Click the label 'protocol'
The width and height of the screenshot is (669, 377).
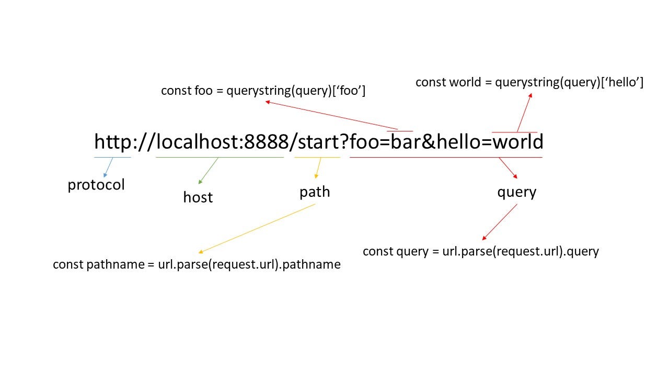[x=96, y=185]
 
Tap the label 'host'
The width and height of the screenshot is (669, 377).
[x=198, y=197]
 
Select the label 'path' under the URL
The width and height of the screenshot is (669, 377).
[x=315, y=192]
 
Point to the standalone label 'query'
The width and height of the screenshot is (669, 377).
[x=516, y=192]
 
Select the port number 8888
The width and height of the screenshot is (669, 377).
[x=267, y=142]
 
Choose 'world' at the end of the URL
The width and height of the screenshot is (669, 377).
[x=518, y=142]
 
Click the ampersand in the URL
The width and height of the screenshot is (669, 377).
[x=429, y=142]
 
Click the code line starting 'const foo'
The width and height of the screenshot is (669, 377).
[x=263, y=91]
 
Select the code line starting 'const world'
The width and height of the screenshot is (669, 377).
[x=529, y=82]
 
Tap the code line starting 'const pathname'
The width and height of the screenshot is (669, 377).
[x=197, y=264]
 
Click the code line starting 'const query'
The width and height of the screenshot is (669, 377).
[x=480, y=251]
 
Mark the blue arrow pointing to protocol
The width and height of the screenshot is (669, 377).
[x=109, y=168]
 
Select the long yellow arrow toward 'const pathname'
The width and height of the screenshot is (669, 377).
[x=257, y=228]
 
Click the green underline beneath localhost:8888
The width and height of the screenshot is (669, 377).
[x=220, y=157]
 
